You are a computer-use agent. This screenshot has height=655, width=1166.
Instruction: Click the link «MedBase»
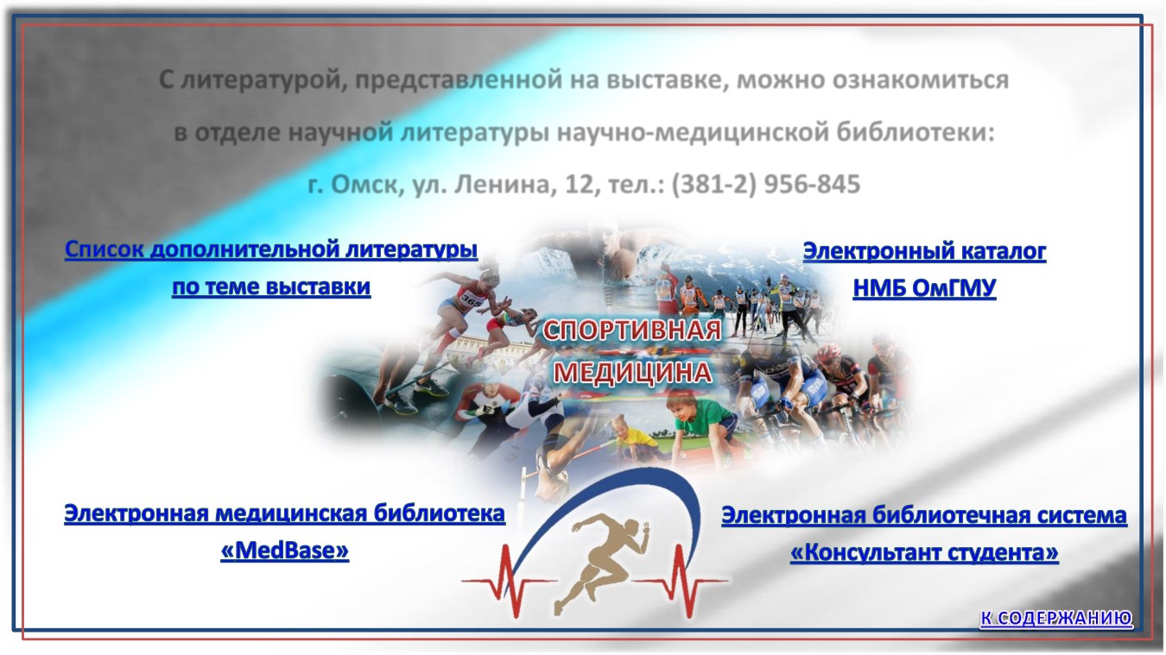(285, 551)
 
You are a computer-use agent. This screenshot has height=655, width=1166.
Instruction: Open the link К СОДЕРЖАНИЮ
(1056, 618)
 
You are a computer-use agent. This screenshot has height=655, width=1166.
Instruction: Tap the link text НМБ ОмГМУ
(924, 287)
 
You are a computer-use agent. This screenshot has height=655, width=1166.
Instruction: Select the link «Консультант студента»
(924, 552)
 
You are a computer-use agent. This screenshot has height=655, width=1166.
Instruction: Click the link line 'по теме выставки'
(271, 287)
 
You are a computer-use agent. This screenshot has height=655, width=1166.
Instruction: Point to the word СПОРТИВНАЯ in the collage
(632, 331)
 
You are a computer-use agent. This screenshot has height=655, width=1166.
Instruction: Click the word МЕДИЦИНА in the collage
(632, 373)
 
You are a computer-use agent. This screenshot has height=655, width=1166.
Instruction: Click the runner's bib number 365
(471, 300)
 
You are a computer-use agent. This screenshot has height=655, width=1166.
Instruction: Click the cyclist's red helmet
(828, 354)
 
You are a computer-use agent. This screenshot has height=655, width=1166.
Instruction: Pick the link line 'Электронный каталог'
(924, 251)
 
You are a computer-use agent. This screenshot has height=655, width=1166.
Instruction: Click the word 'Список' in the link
(104, 249)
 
